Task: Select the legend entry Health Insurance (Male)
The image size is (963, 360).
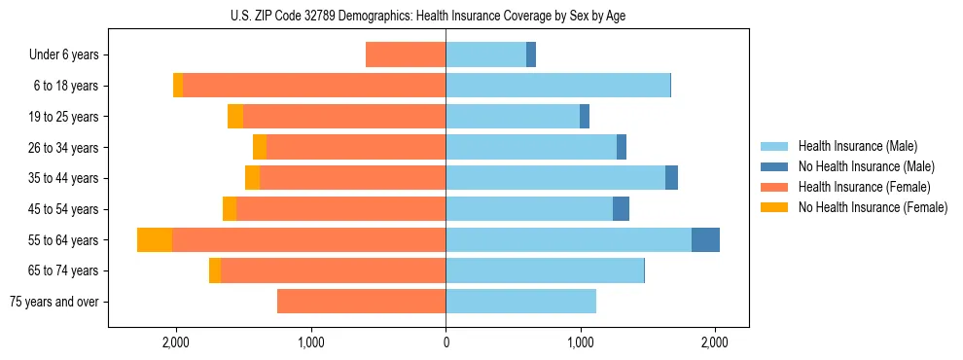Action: (x=857, y=146)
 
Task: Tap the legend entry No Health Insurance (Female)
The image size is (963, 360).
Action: (x=873, y=207)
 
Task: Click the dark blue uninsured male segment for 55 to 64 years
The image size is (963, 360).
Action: (x=705, y=240)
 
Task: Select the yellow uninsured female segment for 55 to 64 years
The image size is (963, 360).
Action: (x=155, y=240)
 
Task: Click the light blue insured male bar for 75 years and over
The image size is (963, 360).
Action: (x=520, y=302)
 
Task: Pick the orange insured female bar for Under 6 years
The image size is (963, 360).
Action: (x=406, y=55)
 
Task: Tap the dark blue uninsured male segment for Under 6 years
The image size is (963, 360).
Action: (x=531, y=55)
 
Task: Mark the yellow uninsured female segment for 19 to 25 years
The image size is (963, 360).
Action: (x=235, y=117)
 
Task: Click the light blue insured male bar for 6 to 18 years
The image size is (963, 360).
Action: (x=557, y=86)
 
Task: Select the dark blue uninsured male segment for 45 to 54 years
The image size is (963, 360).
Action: (x=621, y=209)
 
